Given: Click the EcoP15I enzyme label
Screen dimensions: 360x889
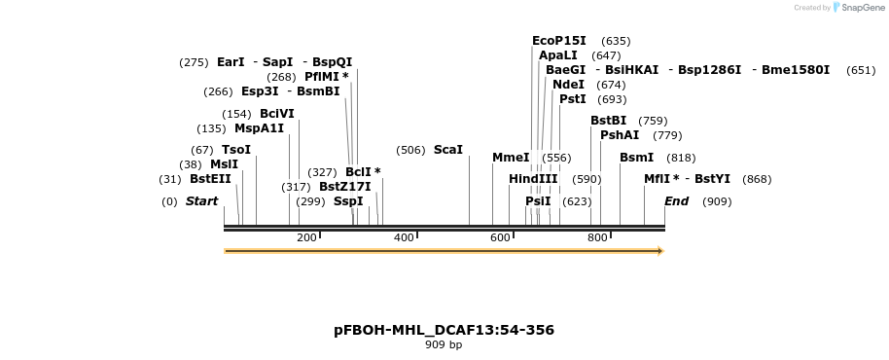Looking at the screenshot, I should pyautogui.click(x=559, y=41).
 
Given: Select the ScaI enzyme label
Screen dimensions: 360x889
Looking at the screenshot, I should pyautogui.click(x=448, y=150).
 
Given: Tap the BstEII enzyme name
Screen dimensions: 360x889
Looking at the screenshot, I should pyautogui.click(x=210, y=179).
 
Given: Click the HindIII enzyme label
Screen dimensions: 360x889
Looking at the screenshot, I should pyautogui.click(x=533, y=179).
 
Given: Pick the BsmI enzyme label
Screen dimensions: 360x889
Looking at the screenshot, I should pyautogui.click(x=636, y=158).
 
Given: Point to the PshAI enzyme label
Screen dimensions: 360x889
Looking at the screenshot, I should pyautogui.click(x=620, y=135).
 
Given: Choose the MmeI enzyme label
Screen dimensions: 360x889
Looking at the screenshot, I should pyautogui.click(x=511, y=158).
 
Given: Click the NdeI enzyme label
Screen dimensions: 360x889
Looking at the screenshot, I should pyautogui.click(x=568, y=85).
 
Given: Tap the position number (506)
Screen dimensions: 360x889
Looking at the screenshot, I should pyautogui.click(x=410, y=150).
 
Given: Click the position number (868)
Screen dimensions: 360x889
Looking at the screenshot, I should pyautogui.click(x=757, y=179).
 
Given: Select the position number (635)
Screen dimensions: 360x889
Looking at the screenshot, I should pyautogui.click(x=616, y=41).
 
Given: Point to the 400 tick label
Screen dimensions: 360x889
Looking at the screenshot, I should pyautogui.click(x=404, y=238).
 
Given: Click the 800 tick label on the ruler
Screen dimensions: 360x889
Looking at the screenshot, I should pyautogui.click(x=597, y=238).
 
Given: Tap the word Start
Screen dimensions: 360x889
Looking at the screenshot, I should pyautogui.click(x=201, y=201).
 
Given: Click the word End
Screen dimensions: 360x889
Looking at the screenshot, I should pyautogui.click(x=677, y=201).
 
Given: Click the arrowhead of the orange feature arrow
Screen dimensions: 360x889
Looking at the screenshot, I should pyautogui.click(x=660, y=251).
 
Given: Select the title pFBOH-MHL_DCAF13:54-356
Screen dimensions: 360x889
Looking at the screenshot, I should pyautogui.click(x=444, y=330).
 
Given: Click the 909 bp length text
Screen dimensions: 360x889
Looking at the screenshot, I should pyautogui.click(x=444, y=345).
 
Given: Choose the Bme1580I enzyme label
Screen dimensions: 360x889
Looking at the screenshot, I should pyautogui.click(x=796, y=70).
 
